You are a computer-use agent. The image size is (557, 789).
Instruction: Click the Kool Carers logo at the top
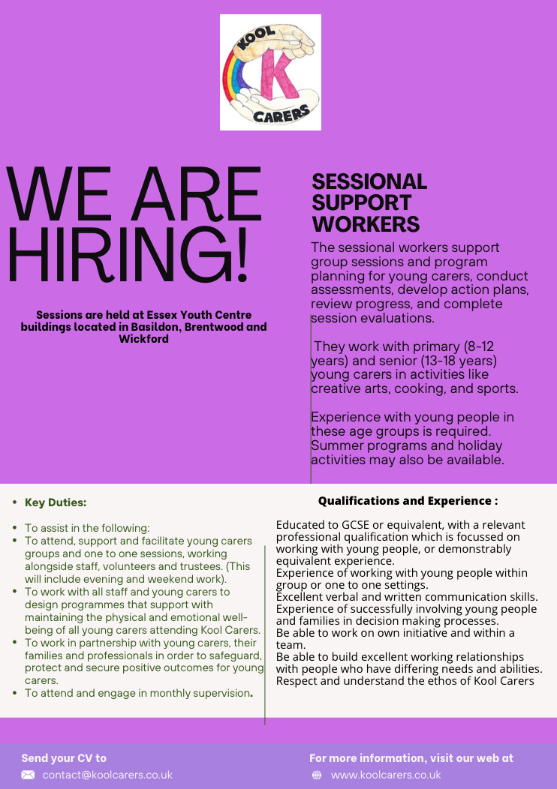pyautogui.click(x=270, y=73)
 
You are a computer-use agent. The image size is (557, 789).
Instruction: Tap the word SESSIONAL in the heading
pyautogui.click(x=369, y=181)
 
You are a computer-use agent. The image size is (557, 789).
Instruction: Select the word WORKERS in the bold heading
pyautogui.click(x=366, y=223)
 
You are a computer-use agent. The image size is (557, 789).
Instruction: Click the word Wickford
pyautogui.click(x=143, y=339)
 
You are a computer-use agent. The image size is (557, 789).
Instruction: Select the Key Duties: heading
pyautogui.click(x=56, y=502)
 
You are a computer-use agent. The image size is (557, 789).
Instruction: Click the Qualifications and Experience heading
pyautogui.click(x=408, y=500)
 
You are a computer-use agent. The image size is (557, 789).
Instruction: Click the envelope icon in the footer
pyautogui.click(x=28, y=775)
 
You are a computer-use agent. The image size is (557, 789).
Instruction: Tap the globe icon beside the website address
pyautogui.click(x=317, y=775)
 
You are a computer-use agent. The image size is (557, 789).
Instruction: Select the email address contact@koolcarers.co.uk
pyautogui.click(x=107, y=775)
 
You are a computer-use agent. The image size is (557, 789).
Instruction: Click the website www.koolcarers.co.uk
pyautogui.click(x=386, y=775)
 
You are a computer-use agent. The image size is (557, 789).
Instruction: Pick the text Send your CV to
pyautogui.click(x=64, y=758)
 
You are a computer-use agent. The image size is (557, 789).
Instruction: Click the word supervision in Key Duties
pyautogui.click(x=212, y=694)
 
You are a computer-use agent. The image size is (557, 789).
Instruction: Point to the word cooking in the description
pyautogui.click(x=405, y=389)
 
